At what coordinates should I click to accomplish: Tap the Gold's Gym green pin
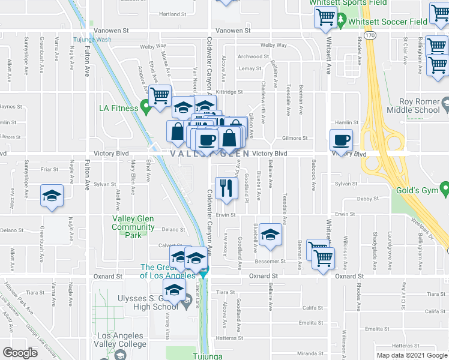(x=444, y=190)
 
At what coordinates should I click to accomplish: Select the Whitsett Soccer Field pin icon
(x=340, y=22)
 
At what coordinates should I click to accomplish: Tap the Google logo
(x=20, y=353)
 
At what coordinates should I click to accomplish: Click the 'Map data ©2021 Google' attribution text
(x=412, y=355)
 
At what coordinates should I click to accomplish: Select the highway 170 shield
(x=370, y=36)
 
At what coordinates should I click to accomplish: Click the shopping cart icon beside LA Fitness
(x=160, y=95)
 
